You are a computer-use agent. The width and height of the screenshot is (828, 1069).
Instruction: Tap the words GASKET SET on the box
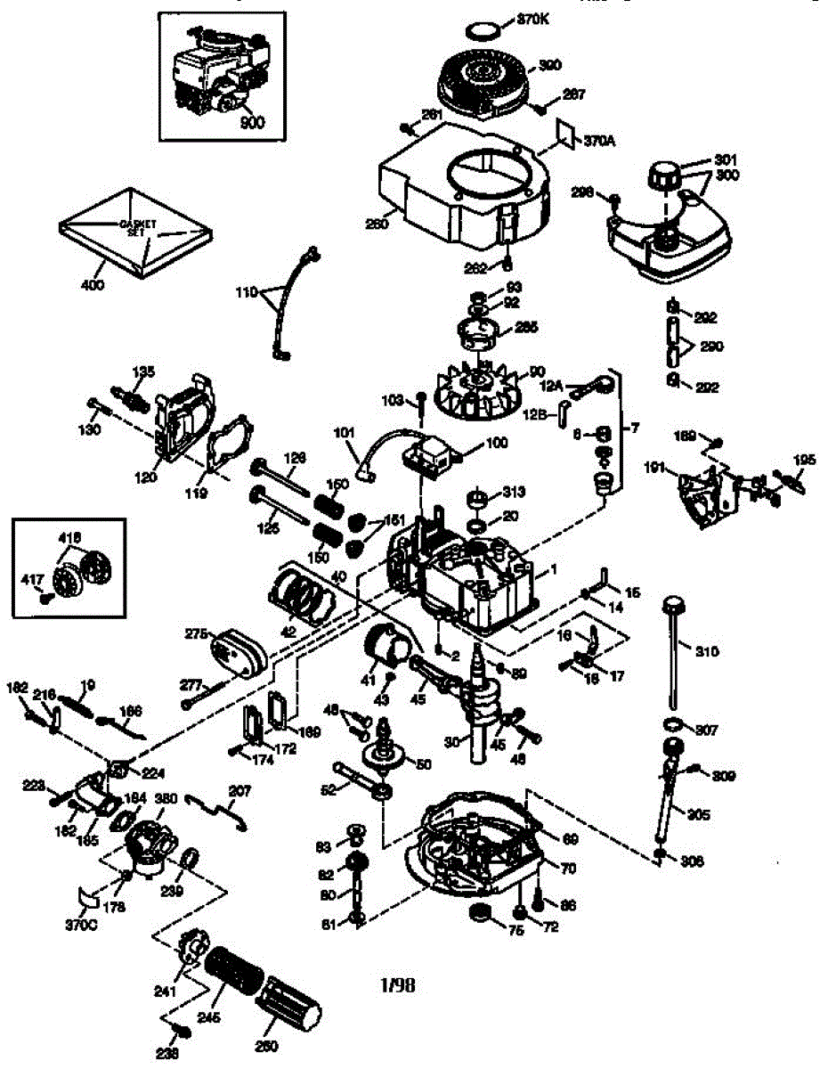[134, 226]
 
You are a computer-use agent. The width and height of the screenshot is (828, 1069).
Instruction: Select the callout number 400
[93, 285]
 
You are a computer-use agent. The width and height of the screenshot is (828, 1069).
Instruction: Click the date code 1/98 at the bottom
[398, 984]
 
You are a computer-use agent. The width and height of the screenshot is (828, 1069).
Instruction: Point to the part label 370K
[532, 19]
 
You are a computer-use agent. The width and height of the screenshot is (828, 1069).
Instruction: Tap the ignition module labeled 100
[431, 453]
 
